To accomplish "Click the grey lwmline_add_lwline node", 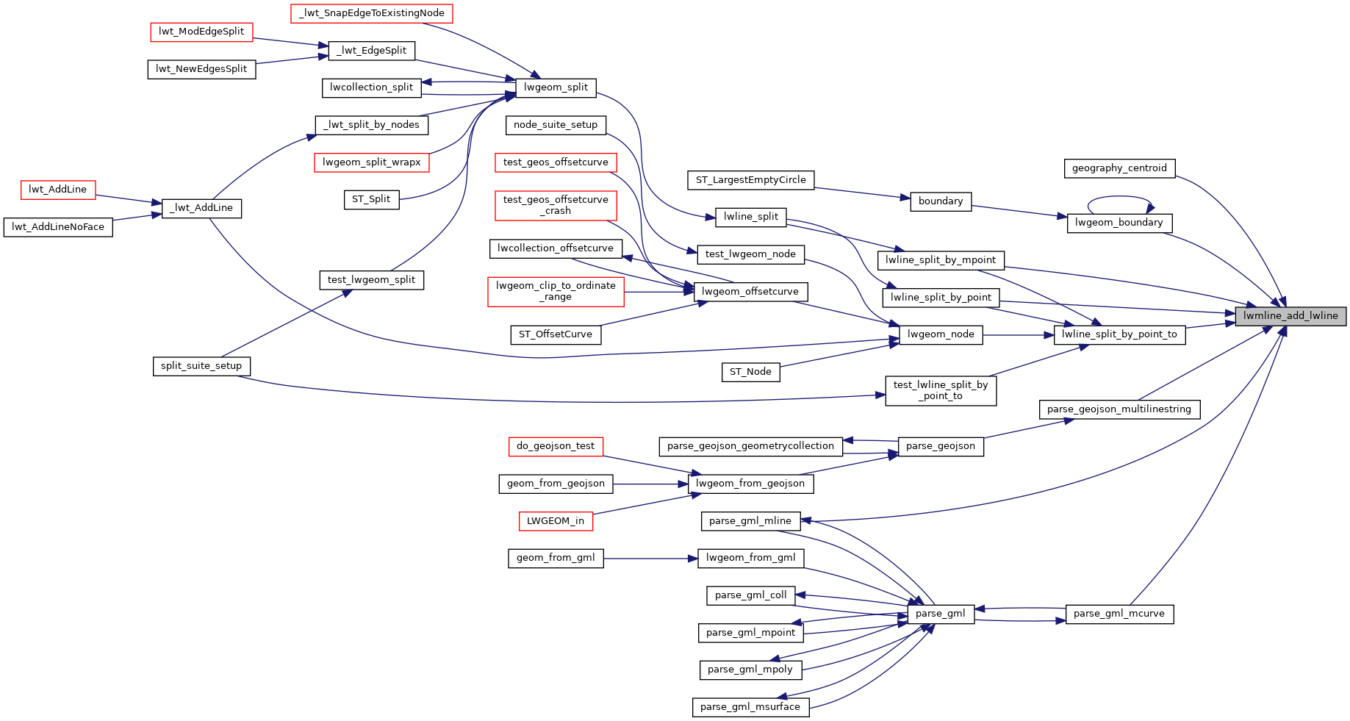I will click(1290, 316).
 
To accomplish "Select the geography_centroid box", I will click(1119, 168).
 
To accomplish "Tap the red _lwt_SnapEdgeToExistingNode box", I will click(371, 13).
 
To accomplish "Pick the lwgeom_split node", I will click(556, 87).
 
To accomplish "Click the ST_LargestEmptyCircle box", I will click(750, 180).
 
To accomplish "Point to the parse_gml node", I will click(941, 614).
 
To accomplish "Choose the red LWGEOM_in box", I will click(555, 521).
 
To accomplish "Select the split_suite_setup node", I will click(201, 366).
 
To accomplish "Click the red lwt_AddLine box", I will click(57, 190).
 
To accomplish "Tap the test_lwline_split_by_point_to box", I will click(941, 390).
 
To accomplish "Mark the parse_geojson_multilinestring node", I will click(1119, 409).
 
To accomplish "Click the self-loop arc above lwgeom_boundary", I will click(1119, 197).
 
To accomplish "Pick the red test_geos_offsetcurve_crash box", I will click(556, 205).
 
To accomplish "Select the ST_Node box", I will click(750, 372).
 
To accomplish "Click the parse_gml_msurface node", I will click(750, 707).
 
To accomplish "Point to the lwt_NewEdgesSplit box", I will click(201, 69).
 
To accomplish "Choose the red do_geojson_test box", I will click(556, 446).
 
